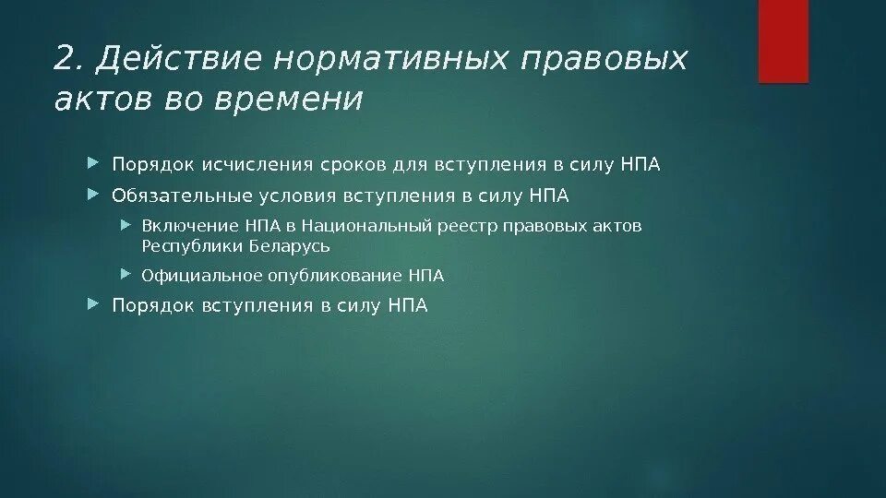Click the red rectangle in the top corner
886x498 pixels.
784,41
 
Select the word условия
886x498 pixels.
279,196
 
